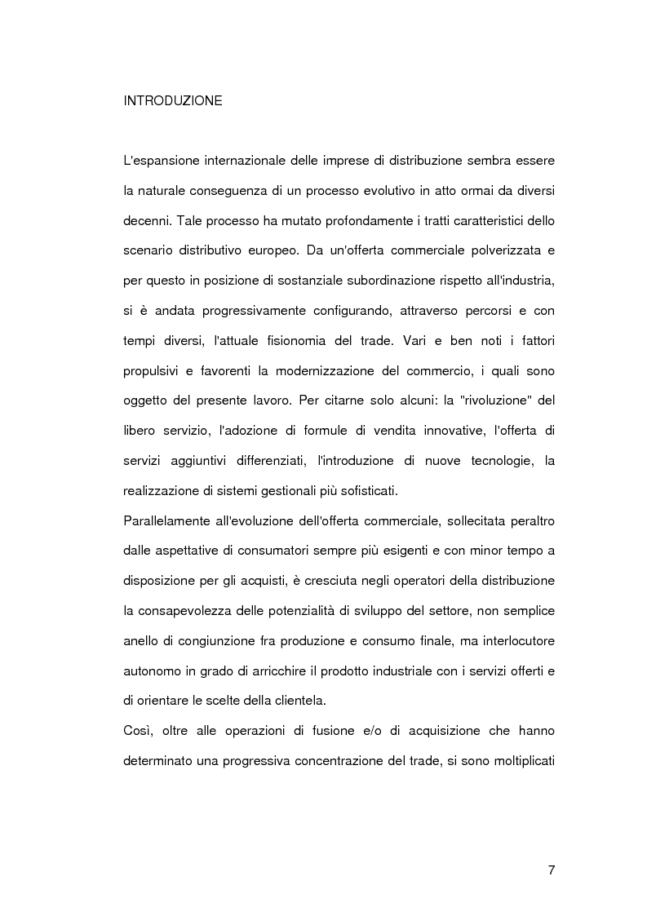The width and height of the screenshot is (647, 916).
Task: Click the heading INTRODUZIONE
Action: point(172,102)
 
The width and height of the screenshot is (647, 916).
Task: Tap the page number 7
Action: point(552,870)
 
